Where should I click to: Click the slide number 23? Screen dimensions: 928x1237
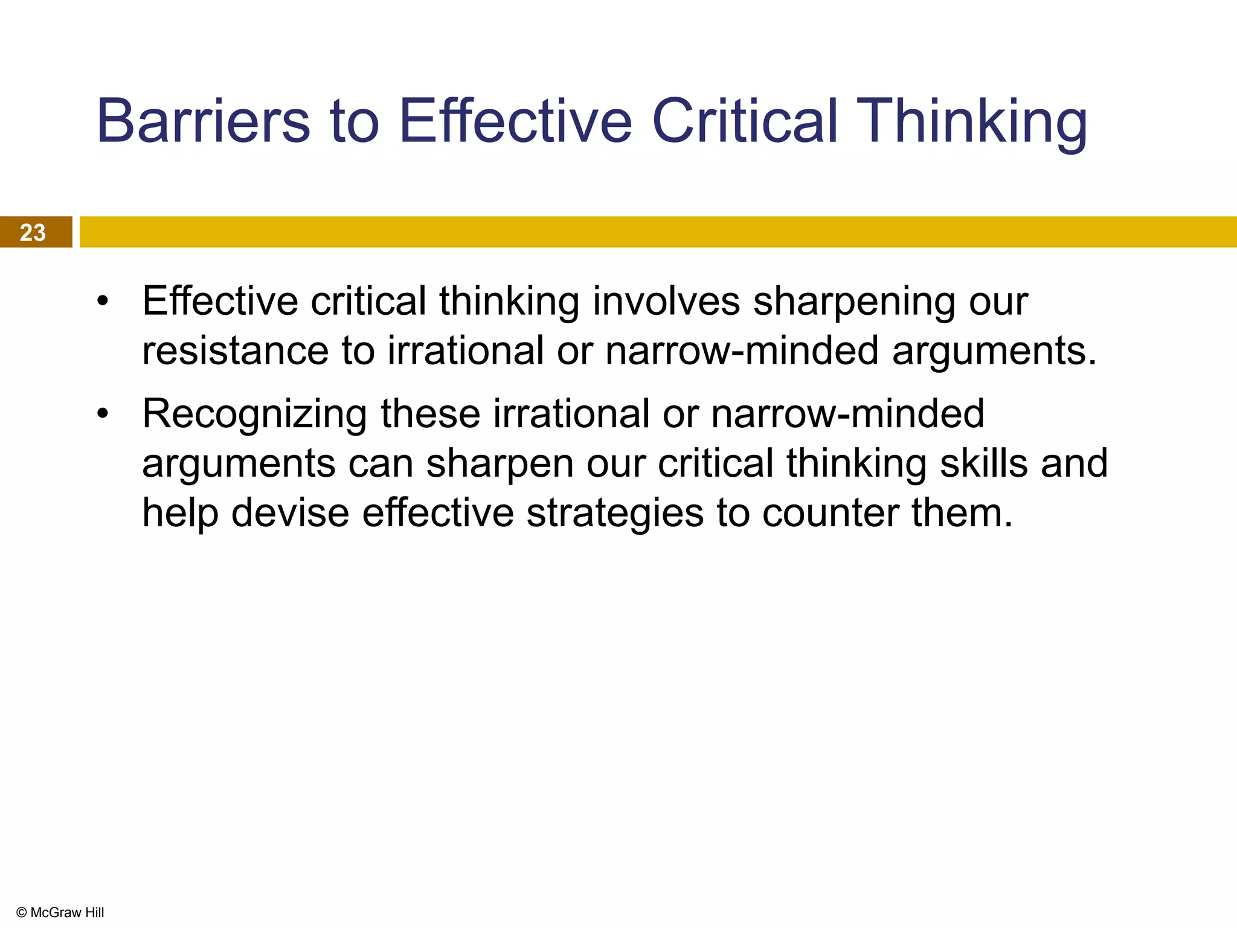point(33,233)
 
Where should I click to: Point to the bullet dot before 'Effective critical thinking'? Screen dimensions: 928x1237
point(103,301)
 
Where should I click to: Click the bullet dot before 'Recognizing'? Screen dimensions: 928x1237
point(103,414)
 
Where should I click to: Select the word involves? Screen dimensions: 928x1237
point(666,301)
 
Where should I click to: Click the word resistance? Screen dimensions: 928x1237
point(235,350)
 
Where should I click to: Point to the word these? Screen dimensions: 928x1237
point(430,414)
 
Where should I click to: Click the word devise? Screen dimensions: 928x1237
point(290,513)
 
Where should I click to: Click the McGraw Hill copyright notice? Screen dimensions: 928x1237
point(60,912)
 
